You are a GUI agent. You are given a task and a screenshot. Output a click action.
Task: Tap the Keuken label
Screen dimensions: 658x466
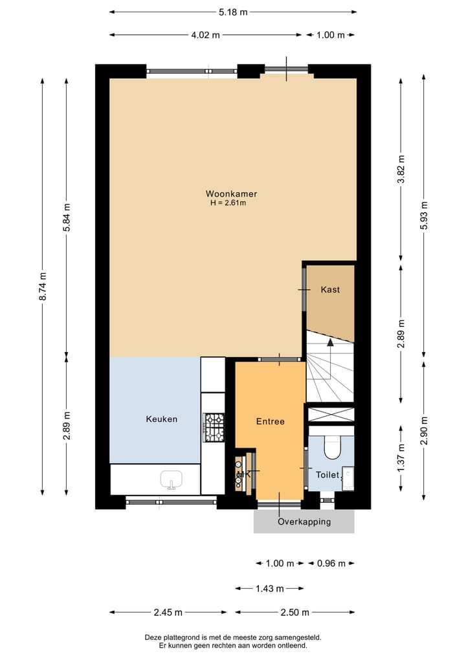click(161, 419)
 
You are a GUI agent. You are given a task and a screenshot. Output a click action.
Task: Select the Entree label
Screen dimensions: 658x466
click(270, 421)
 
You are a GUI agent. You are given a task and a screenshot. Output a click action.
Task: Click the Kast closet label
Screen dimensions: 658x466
click(330, 290)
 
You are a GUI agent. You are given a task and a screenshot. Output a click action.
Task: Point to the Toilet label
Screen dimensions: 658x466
click(327, 475)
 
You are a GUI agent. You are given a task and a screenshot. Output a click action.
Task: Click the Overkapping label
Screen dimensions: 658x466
click(304, 521)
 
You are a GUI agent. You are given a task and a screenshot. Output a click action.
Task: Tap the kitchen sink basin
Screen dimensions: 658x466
click(172, 479)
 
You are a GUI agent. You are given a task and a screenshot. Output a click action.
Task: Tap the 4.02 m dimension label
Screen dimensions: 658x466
click(205, 35)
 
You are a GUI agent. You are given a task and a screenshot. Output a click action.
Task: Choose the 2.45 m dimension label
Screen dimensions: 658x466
click(168, 612)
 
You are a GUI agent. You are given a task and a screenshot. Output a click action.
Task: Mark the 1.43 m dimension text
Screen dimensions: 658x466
click(269, 589)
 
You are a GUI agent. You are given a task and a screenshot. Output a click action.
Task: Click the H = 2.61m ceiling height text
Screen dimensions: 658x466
click(228, 203)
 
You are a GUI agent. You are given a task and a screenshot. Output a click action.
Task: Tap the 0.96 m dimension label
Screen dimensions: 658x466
click(330, 564)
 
